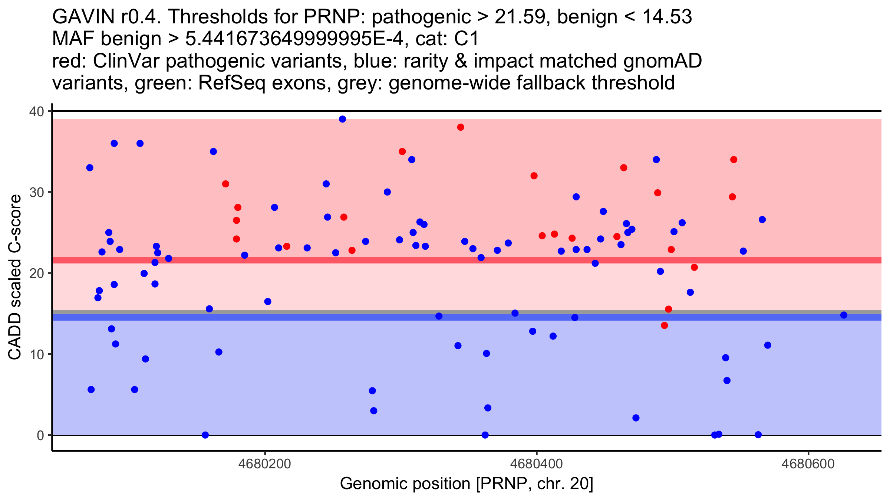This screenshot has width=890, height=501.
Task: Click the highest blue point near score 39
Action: (342, 119)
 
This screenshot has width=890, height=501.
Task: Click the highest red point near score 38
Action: (461, 127)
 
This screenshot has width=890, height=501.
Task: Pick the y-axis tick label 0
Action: (40, 435)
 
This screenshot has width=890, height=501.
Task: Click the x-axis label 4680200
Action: (265, 464)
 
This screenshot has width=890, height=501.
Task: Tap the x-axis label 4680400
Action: (537, 464)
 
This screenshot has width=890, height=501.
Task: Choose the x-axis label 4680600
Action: (808, 464)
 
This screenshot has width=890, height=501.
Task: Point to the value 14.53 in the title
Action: (666, 17)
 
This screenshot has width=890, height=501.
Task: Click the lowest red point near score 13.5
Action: (664, 325)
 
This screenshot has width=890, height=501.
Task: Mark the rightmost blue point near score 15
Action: (844, 315)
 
